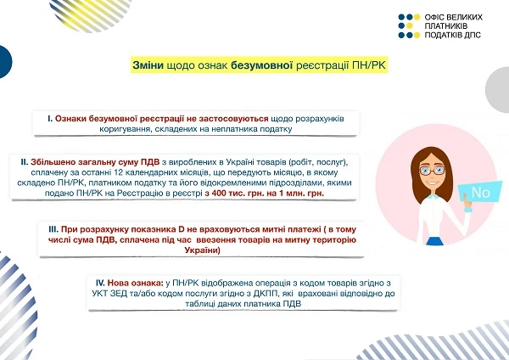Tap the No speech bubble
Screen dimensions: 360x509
click(x=480, y=193)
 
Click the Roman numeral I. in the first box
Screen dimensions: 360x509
click(x=49, y=119)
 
